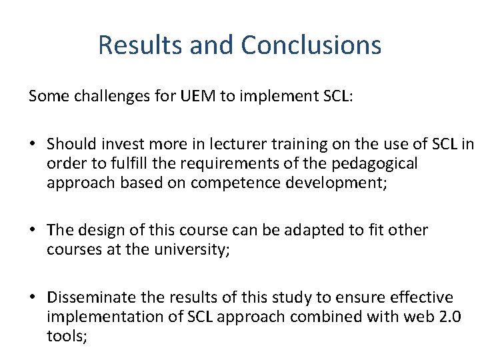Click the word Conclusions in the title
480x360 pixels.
(311, 45)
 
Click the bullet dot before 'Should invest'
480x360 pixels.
(32, 144)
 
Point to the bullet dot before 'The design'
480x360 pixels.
(32, 230)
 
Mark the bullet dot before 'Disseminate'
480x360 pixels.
(32, 297)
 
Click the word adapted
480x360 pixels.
(295, 230)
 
